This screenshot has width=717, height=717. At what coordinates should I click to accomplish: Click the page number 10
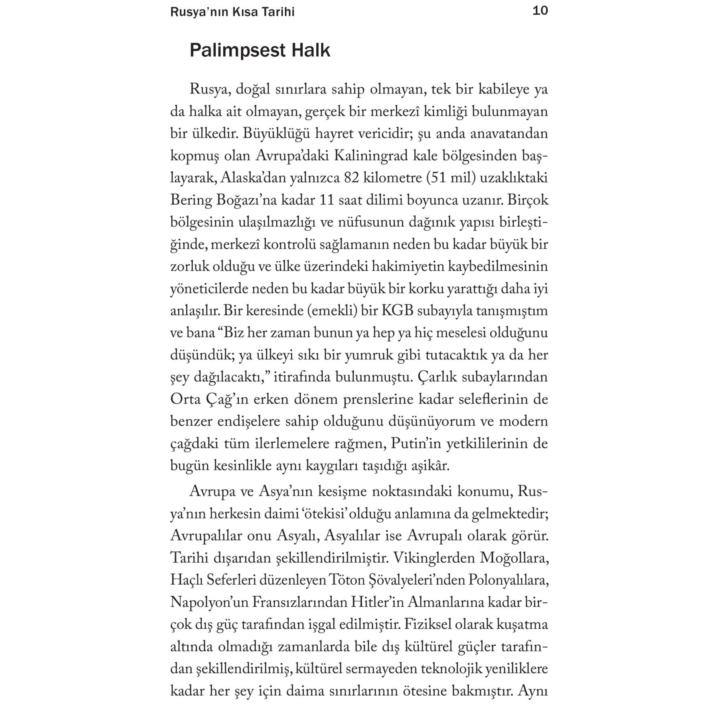(540, 11)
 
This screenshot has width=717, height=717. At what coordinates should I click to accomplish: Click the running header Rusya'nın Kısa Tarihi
(232, 12)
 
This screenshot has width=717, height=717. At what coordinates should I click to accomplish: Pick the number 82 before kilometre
(351, 178)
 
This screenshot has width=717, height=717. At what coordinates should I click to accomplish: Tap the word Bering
(191, 200)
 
